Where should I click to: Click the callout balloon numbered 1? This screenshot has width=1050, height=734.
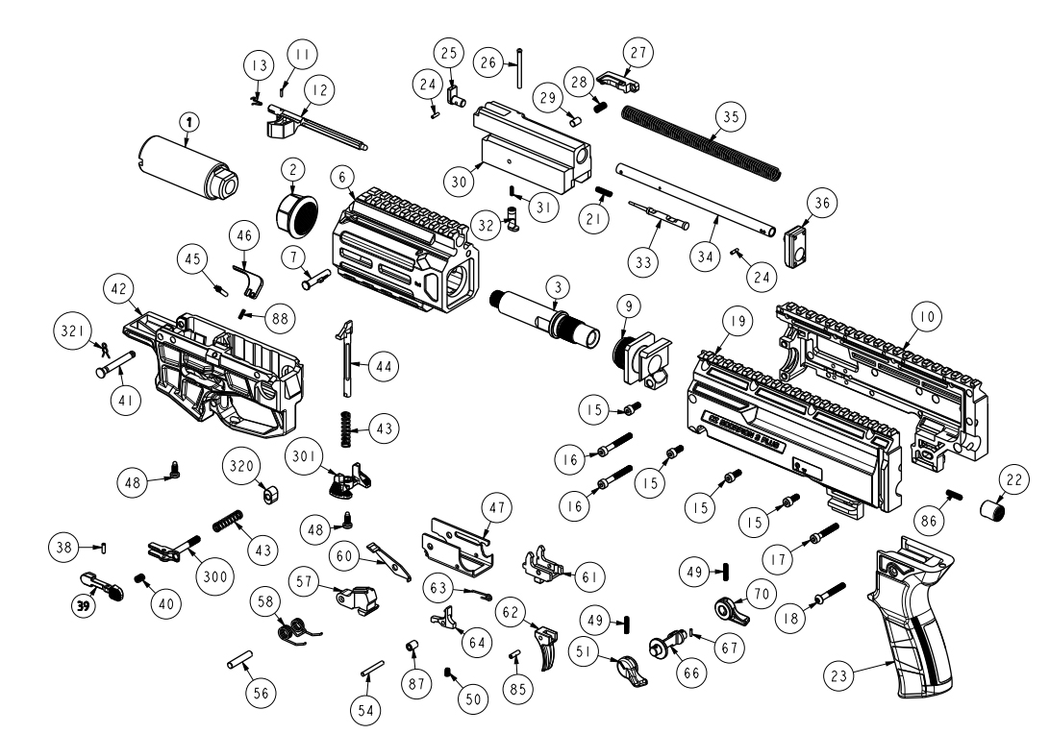click(189, 121)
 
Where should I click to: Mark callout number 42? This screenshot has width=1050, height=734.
click(120, 288)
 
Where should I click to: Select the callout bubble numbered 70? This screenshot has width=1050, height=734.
click(761, 594)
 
